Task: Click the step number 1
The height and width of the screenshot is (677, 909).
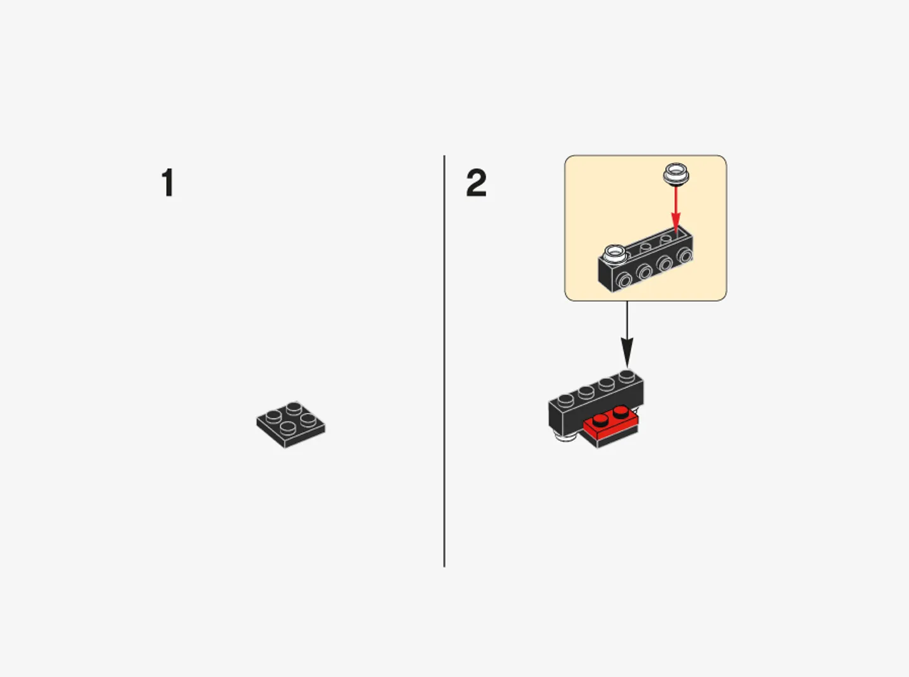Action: point(167,183)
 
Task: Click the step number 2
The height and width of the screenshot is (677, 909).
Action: point(476,183)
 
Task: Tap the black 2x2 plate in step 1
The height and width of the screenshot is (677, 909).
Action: point(291,424)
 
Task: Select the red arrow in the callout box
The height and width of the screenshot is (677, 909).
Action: point(675,208)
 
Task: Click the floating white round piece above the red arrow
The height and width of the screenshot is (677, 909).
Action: point(675,173)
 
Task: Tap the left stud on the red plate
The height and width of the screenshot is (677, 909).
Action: point(602,421)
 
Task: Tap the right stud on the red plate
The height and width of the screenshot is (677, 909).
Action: point(621,412)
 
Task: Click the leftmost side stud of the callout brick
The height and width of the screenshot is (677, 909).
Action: point(624,280)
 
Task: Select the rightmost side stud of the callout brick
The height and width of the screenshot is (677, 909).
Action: point(684,256)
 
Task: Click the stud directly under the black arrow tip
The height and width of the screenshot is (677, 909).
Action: point(626,376)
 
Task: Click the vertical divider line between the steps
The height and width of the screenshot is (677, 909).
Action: point(444,360)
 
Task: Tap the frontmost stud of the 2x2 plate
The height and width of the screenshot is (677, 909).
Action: point(287,429)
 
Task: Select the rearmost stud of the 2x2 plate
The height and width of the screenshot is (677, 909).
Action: point(294,407)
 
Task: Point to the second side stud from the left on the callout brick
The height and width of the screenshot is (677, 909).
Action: point(644,272)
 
